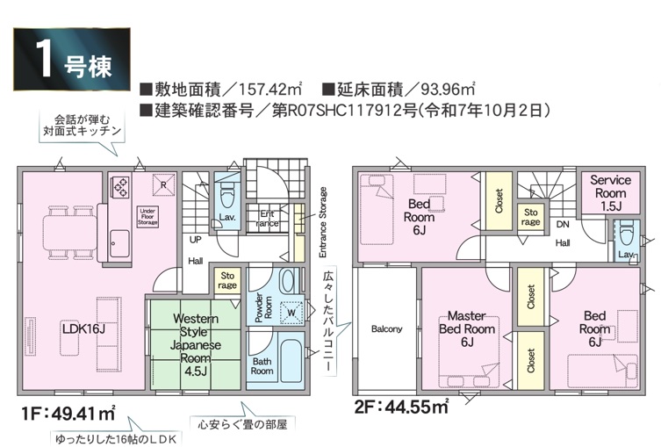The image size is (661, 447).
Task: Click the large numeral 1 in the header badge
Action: click(44, 59)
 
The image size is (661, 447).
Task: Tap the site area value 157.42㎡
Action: click(269, 90)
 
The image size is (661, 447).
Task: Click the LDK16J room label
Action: click(83, 328)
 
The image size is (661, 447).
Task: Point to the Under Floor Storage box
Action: click(147, 217)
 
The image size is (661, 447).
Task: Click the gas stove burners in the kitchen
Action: click(119, 187)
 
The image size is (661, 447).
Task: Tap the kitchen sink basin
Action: click(119, 243)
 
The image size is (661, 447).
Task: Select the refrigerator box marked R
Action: click(163, 184)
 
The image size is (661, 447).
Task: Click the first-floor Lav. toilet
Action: click(227, 195)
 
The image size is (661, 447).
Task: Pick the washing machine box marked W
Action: click(291, 313)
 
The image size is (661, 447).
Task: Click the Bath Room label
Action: click(262, 366)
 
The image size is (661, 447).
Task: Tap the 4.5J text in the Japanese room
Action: click(195, 371)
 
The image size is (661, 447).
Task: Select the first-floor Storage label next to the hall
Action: click(227, 280)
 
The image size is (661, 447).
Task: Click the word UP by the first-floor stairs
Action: click(195, 240)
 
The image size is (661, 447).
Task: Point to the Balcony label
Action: click(386, 329)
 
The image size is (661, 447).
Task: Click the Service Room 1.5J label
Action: click(610, 193)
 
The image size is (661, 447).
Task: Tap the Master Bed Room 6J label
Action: click(467, 328)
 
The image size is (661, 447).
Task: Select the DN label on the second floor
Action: click(563, 224)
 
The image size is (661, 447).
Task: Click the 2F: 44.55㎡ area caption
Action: click(401, 407)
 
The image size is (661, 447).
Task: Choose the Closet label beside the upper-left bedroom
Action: click(499, 201)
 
